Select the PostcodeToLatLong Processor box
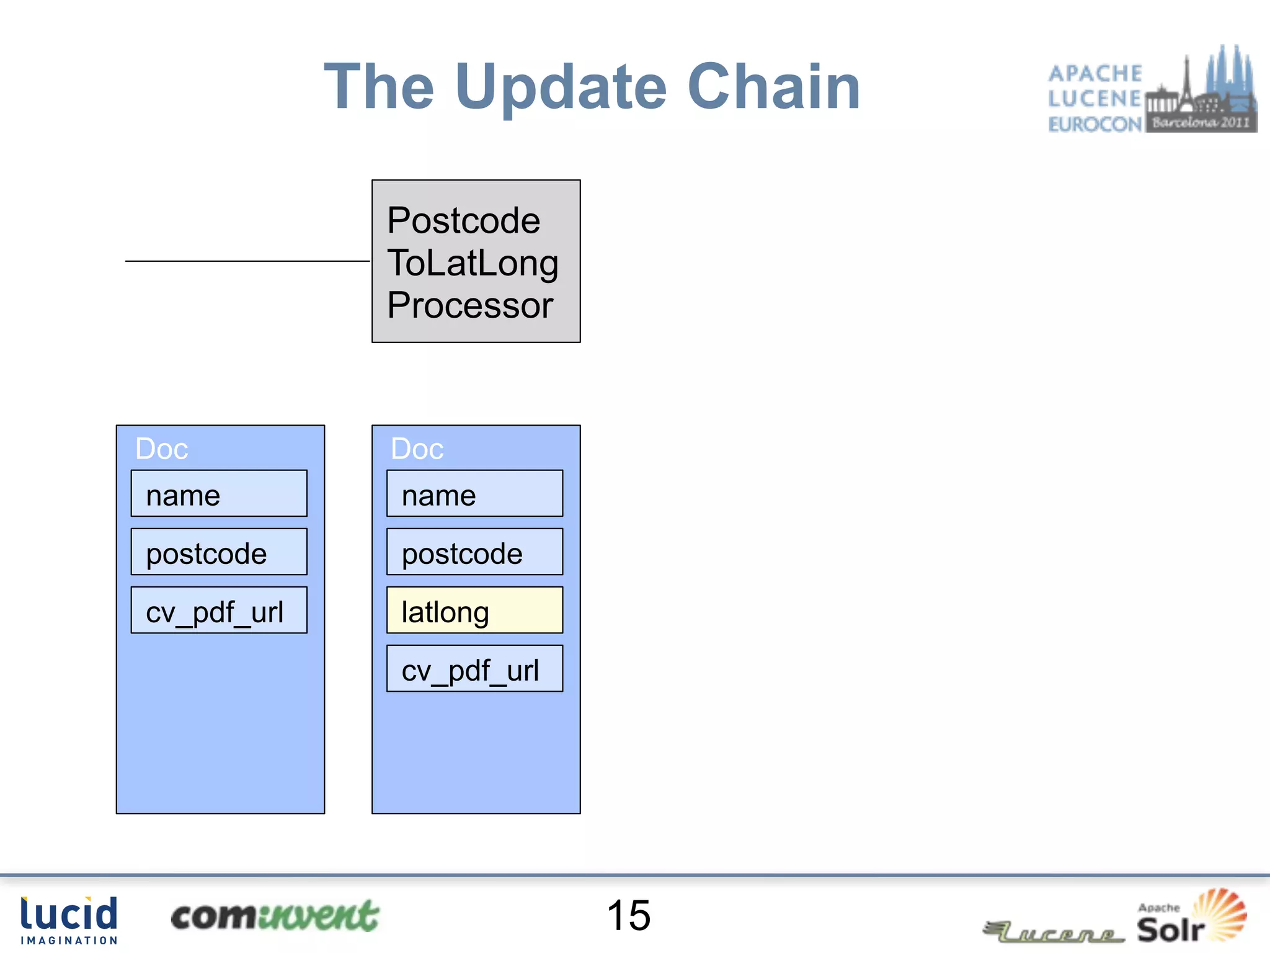tap(476, 261)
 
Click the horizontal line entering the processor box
tap(247, 261)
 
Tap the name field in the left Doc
tap(219, 494)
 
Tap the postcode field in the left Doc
tap(219, 552)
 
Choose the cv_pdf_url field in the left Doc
tap(219, 611)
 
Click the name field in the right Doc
tap(474, 494)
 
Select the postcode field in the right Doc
tap(474, 552)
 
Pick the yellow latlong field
tap(474, 611)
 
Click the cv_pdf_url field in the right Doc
tap(474, 669)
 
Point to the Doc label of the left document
tap(161, 449)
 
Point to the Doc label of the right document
tap(417, 449)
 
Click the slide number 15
tap(628, 916)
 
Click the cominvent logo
tap(275, 916)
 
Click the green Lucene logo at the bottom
tap(1054, 931)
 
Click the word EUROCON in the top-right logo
tap(1095, 125)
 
